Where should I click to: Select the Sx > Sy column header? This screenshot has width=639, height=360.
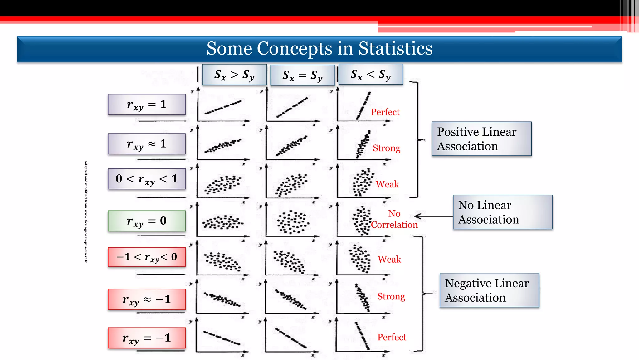pyautogui.click(x=234, y=75)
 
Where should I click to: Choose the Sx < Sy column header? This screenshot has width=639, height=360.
pyautogui.click(x=370, y=75)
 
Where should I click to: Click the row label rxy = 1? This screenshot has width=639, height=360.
pyautogui.click(x=147, y=105)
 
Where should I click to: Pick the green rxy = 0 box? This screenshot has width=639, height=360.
pyautogui.click(x=147, y=221)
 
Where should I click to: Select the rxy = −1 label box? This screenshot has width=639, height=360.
pyautogui.click(x=147, y=338)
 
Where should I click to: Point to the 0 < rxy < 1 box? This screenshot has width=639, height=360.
pyautogui.click(x=147, y=179)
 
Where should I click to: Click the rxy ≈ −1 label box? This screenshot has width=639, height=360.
pyautogui.click(x=147, y=299)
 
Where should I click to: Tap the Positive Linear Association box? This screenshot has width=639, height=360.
pyautogui.click(x=481, y=139)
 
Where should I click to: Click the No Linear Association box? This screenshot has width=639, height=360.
pyautogui.click(x=502, y=212)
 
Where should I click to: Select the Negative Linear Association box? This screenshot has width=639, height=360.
pyautogui.click(x=489, y=290)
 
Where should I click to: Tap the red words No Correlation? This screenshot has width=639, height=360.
pyautogui.click(x=394, y=219)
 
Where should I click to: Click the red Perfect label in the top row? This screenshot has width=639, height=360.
pyautogui.click(x=385, y=112)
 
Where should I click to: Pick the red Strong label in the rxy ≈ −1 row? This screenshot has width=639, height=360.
pyautogui.click(x=391, y=296)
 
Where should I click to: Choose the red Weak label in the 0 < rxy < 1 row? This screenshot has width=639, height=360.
pyautogui.click(x=387, y=184)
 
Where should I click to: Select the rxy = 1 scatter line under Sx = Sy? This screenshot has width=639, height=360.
pyautogui.click(x=292, y=108)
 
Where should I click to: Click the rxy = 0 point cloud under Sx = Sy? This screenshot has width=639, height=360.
pyautogui.click(x=293, y=222)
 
